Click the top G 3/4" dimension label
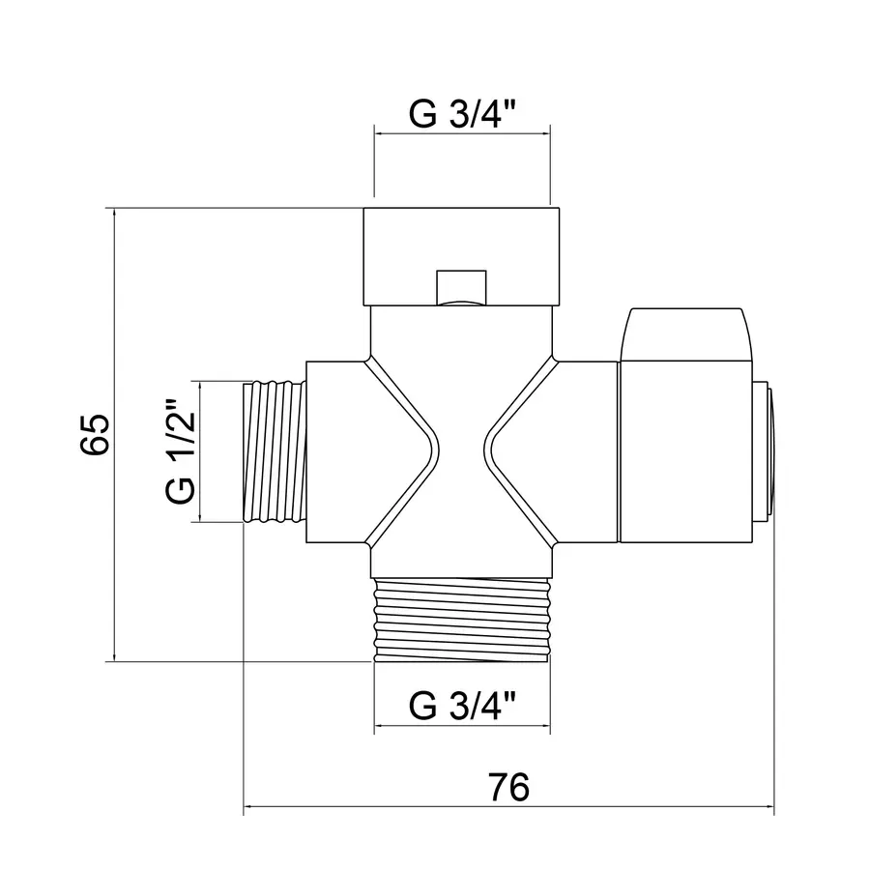click(x=463, y=114)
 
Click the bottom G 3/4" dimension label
click(x=463, y=704)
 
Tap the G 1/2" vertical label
click(x=181, y=452)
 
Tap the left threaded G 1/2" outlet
click(x=272, y=452)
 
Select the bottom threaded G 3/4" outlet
click(x=462, y=619)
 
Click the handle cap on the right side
click(x=685, y=449)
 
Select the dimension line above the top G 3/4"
click(x=462, y=133)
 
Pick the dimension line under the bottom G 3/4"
click(x=462, y=725)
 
